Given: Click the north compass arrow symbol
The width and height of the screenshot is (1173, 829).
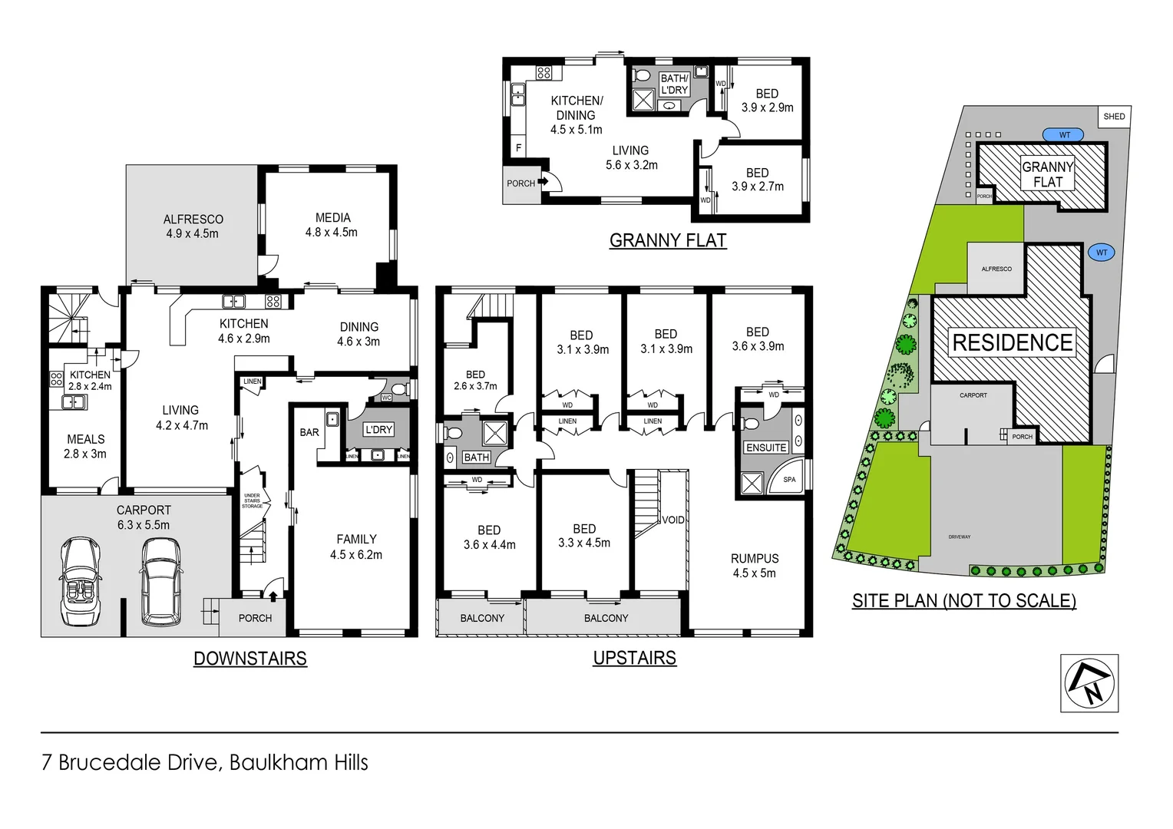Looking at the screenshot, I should coord(1089,683).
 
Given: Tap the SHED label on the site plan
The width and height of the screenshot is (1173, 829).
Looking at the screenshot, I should coord(1114,117).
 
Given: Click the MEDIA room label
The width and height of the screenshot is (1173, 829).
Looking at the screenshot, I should coord(332,225).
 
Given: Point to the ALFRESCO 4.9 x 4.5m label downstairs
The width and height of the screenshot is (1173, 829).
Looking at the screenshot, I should coord(193,226).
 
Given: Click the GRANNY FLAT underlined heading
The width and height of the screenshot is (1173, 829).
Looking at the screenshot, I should coord(667,240).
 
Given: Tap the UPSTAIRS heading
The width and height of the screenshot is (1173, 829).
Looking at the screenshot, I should coord(634,658).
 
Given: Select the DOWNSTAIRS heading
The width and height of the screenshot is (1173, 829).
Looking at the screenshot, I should coord(250,659).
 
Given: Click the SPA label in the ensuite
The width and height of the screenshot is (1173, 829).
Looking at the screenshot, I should coord(789,480).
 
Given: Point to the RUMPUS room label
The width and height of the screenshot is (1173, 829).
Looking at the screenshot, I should coord(754,566).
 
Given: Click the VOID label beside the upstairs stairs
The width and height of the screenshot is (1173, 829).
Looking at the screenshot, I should coord(673,520).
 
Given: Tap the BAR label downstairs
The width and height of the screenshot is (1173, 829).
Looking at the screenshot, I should coord(309,432).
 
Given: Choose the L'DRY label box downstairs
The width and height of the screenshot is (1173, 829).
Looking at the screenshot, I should coord(378,430).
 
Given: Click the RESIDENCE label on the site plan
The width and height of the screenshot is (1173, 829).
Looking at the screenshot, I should coord(1012,342).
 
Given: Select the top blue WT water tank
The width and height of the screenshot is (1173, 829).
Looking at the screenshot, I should coord(1063,135).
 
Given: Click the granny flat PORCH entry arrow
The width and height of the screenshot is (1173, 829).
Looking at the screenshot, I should coord(544,182).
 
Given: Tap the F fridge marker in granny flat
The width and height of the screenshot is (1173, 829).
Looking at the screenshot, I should coord(519,148).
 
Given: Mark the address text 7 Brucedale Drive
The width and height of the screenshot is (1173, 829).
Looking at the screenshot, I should coord(205,762).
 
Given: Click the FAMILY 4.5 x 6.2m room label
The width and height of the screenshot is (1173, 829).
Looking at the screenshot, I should coord(356,547).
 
